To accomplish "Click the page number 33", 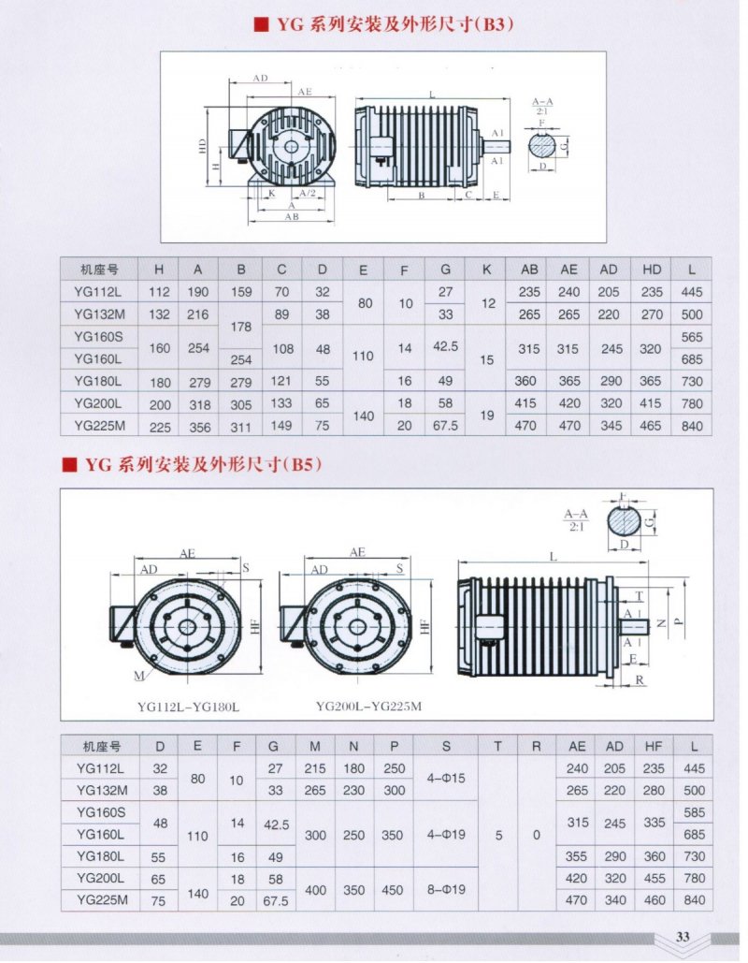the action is pos(683,937).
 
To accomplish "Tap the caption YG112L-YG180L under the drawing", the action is pos(188,707).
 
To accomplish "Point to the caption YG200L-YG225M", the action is pos(368,707).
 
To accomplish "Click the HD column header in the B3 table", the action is pos(652,269).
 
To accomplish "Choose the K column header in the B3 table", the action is pos(486,269).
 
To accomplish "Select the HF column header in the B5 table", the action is pos(654,746).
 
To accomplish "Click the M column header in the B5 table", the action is pos(315,746).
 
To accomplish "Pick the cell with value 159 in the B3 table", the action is pos(241,292).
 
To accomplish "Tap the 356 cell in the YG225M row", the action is pos(199,426).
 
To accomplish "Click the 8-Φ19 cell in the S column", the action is pos(446,889).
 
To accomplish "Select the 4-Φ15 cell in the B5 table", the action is pos(446,778).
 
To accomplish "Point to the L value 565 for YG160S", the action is pos(692,337).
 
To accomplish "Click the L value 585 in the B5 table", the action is pos(694,812).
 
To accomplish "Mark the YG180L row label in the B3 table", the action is pos(98,381).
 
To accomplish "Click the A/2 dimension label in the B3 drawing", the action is pos(308,194).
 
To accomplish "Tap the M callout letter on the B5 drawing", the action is pos(139,676).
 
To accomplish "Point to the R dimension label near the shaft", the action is pos(640,679).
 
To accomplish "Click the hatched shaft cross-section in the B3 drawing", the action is pos(541,146).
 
